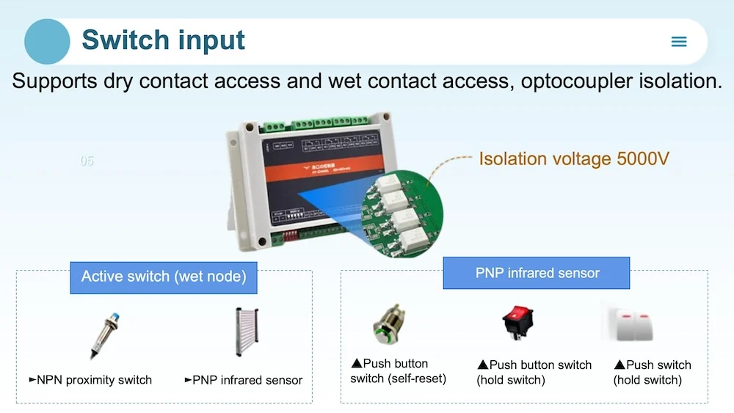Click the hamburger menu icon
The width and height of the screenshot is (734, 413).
[x=679, y=42]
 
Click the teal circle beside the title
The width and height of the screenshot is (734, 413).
[x=47, y=41]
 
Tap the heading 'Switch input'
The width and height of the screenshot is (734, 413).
[x=163, y=40]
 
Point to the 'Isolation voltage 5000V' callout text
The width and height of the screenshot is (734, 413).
[x=573, y=158]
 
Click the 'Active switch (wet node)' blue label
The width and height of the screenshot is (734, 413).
[x=164, y=277]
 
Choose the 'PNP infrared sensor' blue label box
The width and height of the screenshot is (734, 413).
[x=537, y=273]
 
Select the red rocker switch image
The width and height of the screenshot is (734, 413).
[x=517, y=323]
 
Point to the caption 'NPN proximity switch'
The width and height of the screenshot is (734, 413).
[x=90, y=380]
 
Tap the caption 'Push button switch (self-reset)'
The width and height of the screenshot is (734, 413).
[x=399, y=371]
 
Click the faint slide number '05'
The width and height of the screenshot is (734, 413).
[x=87, y=161]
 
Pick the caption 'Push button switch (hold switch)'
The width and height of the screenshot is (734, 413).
[x=534, y=372]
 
